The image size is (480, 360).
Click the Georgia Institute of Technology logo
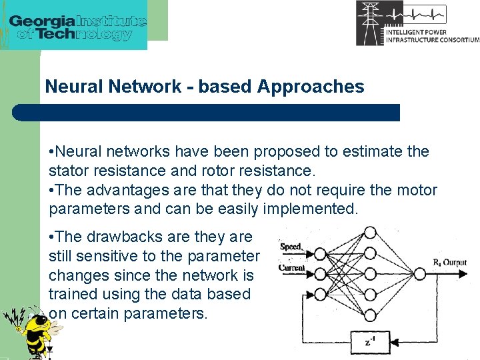(x=77, y=25)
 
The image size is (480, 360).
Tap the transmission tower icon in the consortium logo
(x=370, y=23)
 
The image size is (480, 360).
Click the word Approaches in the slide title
(x=311, y=87)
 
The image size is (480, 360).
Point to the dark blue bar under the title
(x=207, y=112)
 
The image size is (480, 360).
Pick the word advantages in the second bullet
(x=128, y=190)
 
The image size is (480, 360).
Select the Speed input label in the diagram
(x=291, y=247)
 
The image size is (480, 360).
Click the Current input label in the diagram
(x=292, y=268)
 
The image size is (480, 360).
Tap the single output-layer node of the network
(x=419, y=273)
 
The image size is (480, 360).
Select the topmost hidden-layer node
(x=370, y=233)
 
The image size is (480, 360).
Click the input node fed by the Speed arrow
(x=319, y=253)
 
